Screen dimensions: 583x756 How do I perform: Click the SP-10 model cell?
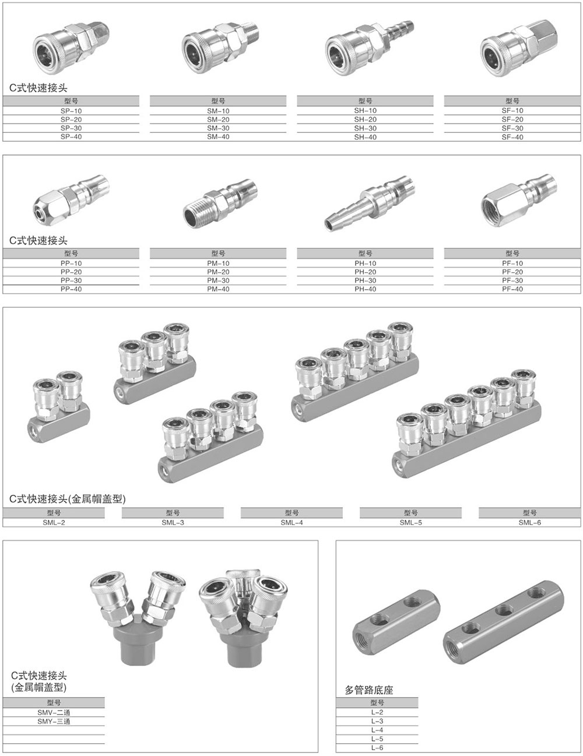click(71, 111)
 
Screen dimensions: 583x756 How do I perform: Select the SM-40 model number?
click(218, 137)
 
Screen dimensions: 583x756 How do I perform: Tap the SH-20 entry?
click(365, 119)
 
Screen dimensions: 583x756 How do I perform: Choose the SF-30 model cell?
click(512, 128)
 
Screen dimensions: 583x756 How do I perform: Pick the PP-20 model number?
click(71, 272)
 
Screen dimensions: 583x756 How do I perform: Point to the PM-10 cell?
click(218, 263)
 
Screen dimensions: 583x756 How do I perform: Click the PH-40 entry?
click(365, 289)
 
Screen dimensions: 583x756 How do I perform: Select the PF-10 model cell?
click(512, 263)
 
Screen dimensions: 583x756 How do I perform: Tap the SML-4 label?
click(291, 522)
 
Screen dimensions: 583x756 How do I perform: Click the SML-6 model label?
click(529, 522)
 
